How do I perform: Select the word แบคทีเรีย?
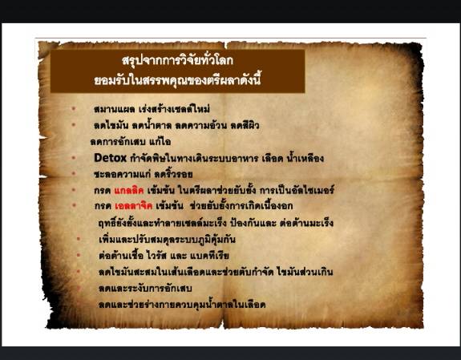point(227,256)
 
